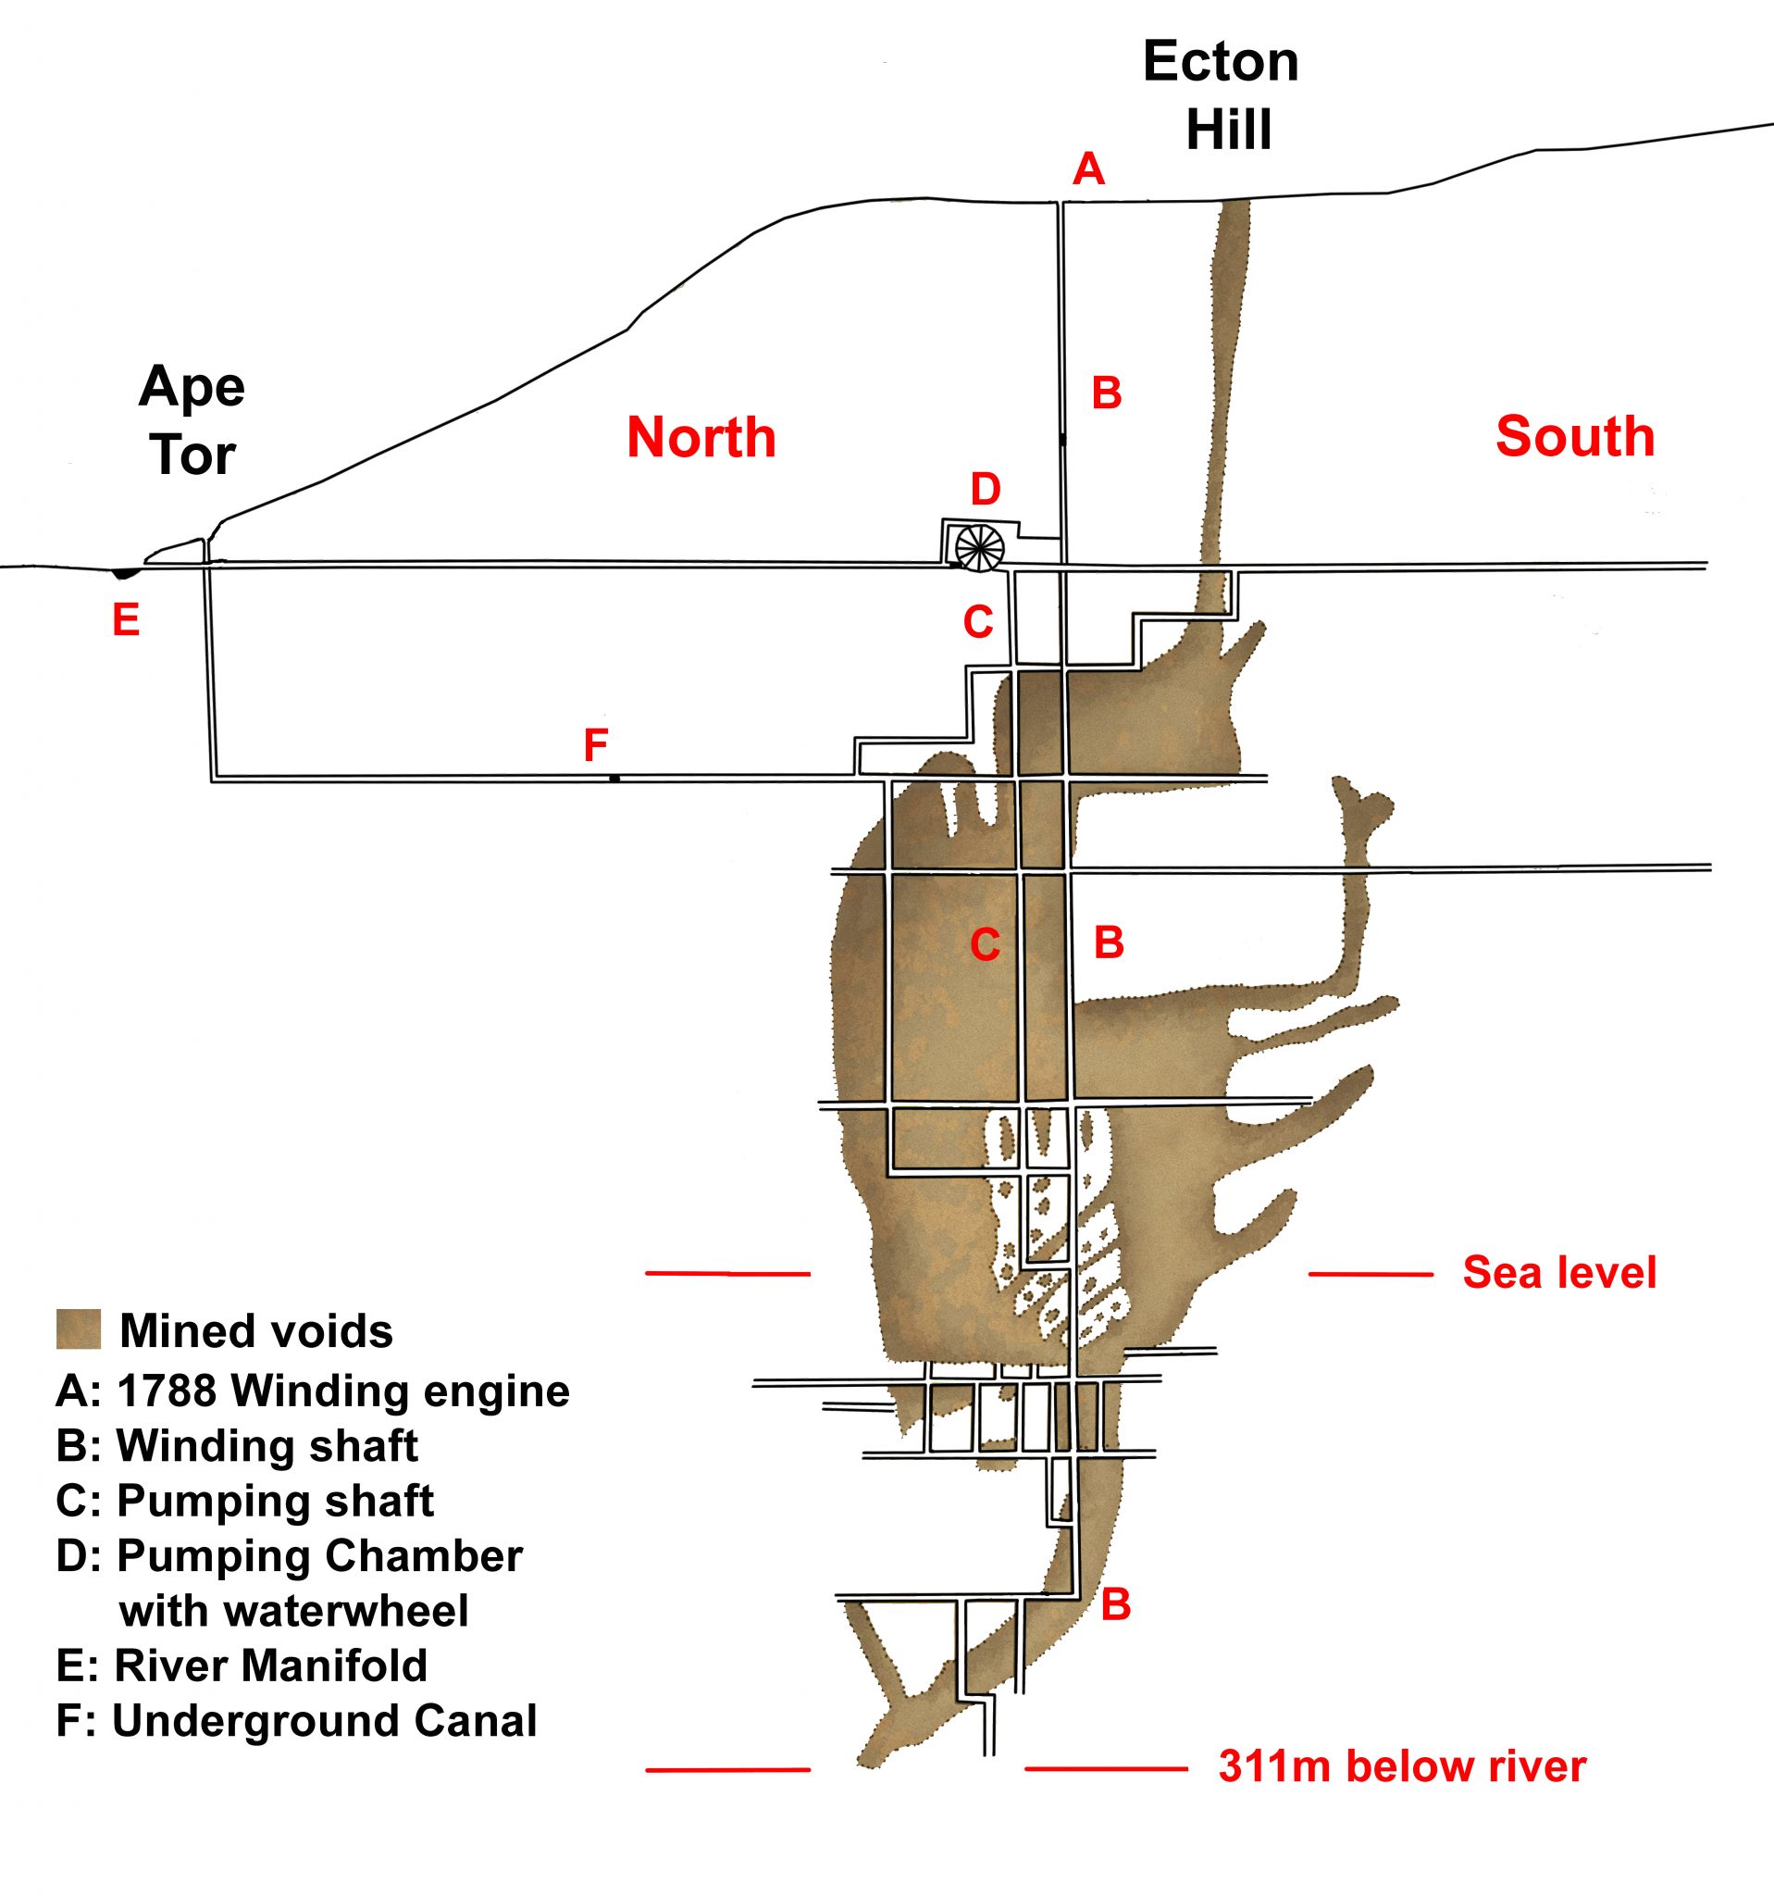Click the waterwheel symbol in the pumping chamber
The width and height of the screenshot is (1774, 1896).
(x=980, y=548)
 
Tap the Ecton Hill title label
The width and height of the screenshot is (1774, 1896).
(x=1223, y=95)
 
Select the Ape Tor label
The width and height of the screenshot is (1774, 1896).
(x=192, y=420)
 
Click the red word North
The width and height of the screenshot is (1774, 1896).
(x=701, y=438)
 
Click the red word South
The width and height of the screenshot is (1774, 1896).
(x=1575, y=436)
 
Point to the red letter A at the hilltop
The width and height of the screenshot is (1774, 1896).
(x=1087, y=169)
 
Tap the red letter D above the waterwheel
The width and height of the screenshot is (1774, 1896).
(x=985, y=489)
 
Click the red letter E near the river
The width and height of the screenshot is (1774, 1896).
(x=126, y=620)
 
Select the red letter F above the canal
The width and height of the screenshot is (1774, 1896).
(x=596, y=745)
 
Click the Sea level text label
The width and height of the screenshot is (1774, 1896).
(x=1559, y=1273)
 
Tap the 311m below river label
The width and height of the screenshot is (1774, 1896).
(x=1401, y=1766)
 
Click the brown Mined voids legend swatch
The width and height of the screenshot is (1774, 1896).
(x=78, y=1329)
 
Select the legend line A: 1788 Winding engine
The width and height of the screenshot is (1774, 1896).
(x=312, y=1391)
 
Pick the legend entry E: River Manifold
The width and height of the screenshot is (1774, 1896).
(x=242, y=1665)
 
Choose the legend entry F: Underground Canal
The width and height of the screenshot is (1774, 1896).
(x=295, y=1720)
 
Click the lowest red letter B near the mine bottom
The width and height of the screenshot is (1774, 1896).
(x=1115, y=1605)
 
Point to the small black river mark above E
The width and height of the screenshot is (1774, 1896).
(x=125, y=573)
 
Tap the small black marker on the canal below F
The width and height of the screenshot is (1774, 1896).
(x=614, y=780)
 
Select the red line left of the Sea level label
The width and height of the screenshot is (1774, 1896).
(x=1370, y=1274)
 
